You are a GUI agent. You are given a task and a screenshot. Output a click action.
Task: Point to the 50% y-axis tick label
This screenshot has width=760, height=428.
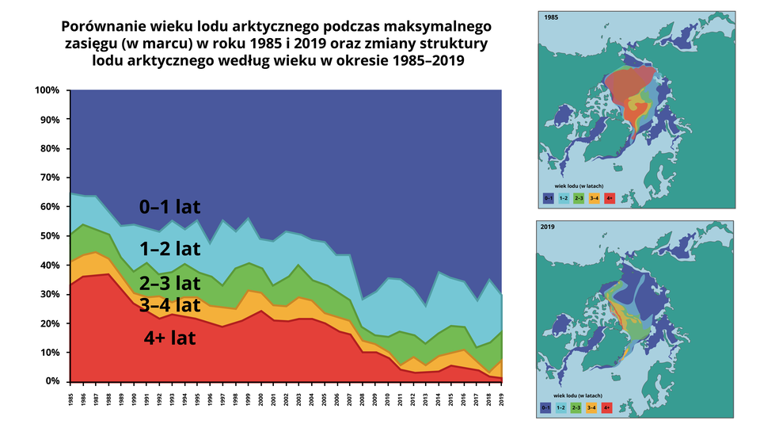[x=48, y=236]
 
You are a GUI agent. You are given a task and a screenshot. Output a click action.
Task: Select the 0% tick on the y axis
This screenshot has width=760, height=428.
[x=51, y=381]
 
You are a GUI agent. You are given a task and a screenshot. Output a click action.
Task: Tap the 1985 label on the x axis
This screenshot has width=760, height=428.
[x=71, y=397]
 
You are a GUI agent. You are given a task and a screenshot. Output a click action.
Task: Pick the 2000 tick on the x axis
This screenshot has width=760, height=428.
[x=261, y=397]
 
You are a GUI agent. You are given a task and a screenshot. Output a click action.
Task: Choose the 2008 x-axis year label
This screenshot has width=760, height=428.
[x=363, y=397]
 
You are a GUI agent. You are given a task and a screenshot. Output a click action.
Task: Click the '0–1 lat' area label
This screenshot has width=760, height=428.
[x=169, y=208]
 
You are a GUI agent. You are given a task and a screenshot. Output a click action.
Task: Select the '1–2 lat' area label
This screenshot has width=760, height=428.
[x=169, y=249]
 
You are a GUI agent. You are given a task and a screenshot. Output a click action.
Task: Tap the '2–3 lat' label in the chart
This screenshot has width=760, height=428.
[x=169, y=283]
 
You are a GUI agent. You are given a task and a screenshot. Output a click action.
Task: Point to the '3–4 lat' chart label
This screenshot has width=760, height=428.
[x=169, y=304]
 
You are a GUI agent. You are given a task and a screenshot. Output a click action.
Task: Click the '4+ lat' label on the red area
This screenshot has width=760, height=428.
[x=169, y=338]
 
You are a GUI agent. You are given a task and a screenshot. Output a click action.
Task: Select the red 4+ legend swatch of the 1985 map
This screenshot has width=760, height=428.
[x=608, y=197]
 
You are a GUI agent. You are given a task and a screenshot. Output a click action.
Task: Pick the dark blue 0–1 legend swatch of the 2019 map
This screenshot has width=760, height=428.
[x=547, y=408]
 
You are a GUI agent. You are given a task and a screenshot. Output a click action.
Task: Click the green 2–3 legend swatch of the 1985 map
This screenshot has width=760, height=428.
[x=578, y=197]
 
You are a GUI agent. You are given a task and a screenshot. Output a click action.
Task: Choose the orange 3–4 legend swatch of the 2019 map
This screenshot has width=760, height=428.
[x=593, y=408]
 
